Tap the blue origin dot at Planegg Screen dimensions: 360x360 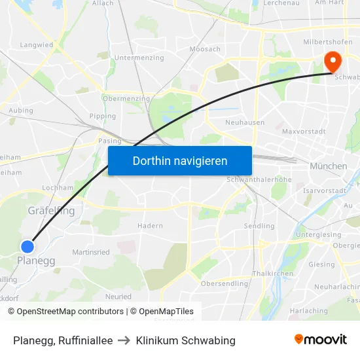[x=27, y=247]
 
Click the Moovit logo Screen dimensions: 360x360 [x=321, y=340]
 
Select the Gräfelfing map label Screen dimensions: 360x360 [x=51, y=211]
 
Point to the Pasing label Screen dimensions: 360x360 [x=109, y=141]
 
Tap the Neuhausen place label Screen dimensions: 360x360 [x=244, y=122]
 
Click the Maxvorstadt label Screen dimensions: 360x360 [x=304, y=132]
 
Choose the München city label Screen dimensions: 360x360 [x=329, y=166]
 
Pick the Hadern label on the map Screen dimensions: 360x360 [x=150, y=226]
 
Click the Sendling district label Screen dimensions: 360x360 [x=260, y=226]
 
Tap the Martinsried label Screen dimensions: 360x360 [x=91, y=252]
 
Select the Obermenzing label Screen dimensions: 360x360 [x=126, y=99]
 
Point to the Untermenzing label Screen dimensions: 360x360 [x=139, y=58]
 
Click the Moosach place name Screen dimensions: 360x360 [x=205, y=49]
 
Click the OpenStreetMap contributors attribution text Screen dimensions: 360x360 [x=65, y=312]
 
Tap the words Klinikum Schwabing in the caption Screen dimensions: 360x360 [x=185, y=340]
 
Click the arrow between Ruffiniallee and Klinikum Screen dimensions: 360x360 [x=124, y=340]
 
